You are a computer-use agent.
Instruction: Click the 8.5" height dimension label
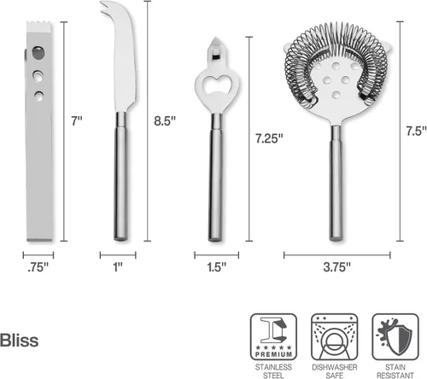(165, 121)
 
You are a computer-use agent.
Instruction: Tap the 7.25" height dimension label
(269, 138)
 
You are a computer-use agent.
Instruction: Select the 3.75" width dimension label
(337, 267)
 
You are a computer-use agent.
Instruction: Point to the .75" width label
(38, 267)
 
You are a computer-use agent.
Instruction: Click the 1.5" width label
(217, 267)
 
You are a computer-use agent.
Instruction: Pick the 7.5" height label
(417, 131)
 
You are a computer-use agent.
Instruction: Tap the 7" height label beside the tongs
(77, 121)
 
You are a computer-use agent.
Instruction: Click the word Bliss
(19, 341)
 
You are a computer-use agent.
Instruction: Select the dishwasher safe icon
(335, 337)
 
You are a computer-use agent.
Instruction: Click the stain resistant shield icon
(395, 337)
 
